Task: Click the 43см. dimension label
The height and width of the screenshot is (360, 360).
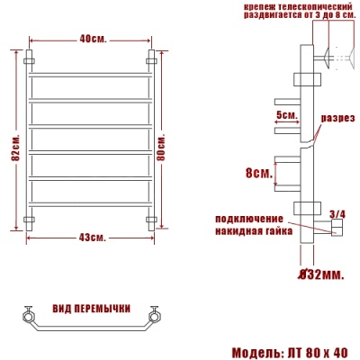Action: point(91,237)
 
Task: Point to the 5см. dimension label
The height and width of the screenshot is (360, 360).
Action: point(286,114)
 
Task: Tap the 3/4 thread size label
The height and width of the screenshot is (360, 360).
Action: point(337,213)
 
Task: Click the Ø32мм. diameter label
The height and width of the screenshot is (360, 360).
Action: point(321,273)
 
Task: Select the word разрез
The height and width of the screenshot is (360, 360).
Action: point(337,117)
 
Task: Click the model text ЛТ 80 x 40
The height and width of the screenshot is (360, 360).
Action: point(316,351)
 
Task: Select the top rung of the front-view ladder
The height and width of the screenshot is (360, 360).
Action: point(90,73)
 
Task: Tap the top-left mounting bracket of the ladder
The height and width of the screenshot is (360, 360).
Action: point(30,61)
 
